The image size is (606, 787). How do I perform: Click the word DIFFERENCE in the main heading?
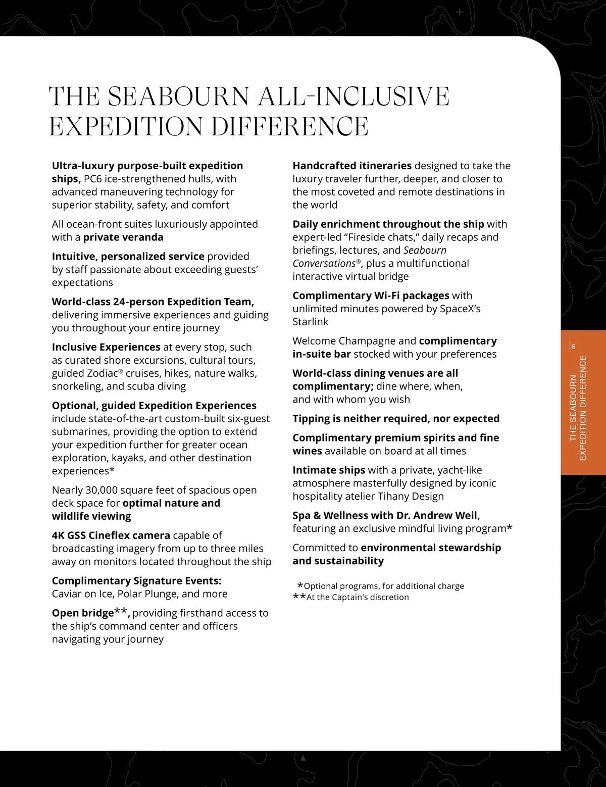290,126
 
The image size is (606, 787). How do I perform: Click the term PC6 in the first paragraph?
92,179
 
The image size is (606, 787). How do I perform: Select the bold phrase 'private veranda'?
123,237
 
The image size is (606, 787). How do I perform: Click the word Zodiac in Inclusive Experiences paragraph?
104,373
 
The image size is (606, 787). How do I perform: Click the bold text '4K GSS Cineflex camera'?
111,535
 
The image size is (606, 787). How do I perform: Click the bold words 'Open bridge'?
83,613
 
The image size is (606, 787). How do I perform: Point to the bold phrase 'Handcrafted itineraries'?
352,166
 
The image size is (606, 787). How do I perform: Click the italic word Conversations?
324,264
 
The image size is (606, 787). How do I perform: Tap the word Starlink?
311,322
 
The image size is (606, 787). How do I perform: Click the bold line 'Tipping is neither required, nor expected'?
396,419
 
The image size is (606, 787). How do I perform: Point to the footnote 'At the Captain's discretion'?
358,597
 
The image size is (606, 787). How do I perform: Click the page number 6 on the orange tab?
574,347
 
